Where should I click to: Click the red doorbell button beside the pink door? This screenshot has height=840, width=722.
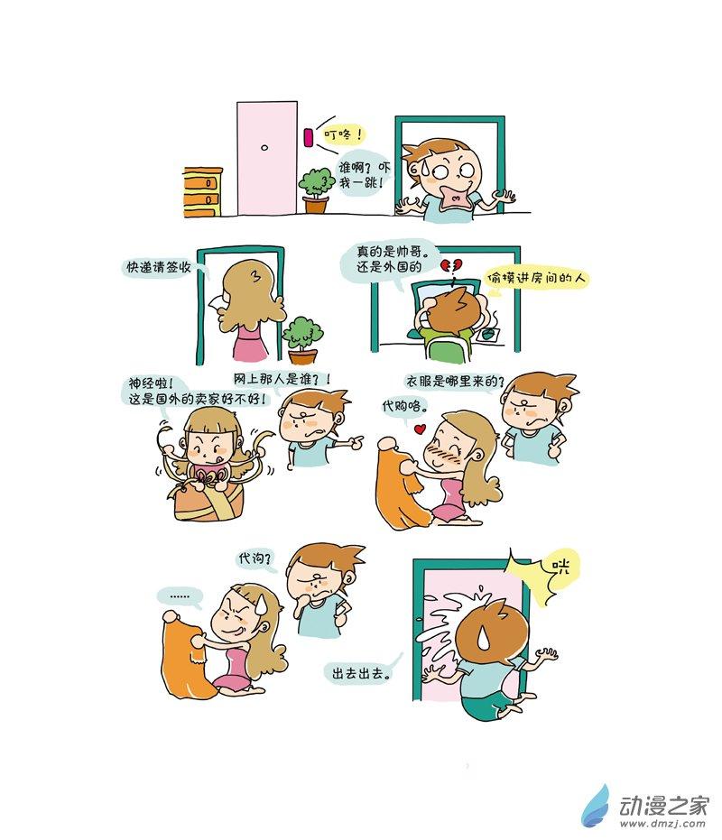click(308, 136)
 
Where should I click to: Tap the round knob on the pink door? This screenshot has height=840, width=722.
click(264, 147)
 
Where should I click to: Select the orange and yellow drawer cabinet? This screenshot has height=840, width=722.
click(202, 192)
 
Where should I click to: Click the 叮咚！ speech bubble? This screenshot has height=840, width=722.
click(342, 134)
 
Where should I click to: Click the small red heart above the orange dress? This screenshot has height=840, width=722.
click(421, 429)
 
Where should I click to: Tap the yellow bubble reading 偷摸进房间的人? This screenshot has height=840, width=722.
click(536, 279)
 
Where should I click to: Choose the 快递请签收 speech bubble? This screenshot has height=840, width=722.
click(160, 267)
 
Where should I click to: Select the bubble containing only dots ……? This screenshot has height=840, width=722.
click(180, 595)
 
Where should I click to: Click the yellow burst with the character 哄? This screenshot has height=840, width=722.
click(544, 574)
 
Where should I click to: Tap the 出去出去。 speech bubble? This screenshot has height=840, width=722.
click(361, 673)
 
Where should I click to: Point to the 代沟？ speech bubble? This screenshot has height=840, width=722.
click(255, 558)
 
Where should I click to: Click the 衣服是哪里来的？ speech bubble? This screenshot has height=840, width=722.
click(455, 382)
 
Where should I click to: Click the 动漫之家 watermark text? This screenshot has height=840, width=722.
click(663, 805)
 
